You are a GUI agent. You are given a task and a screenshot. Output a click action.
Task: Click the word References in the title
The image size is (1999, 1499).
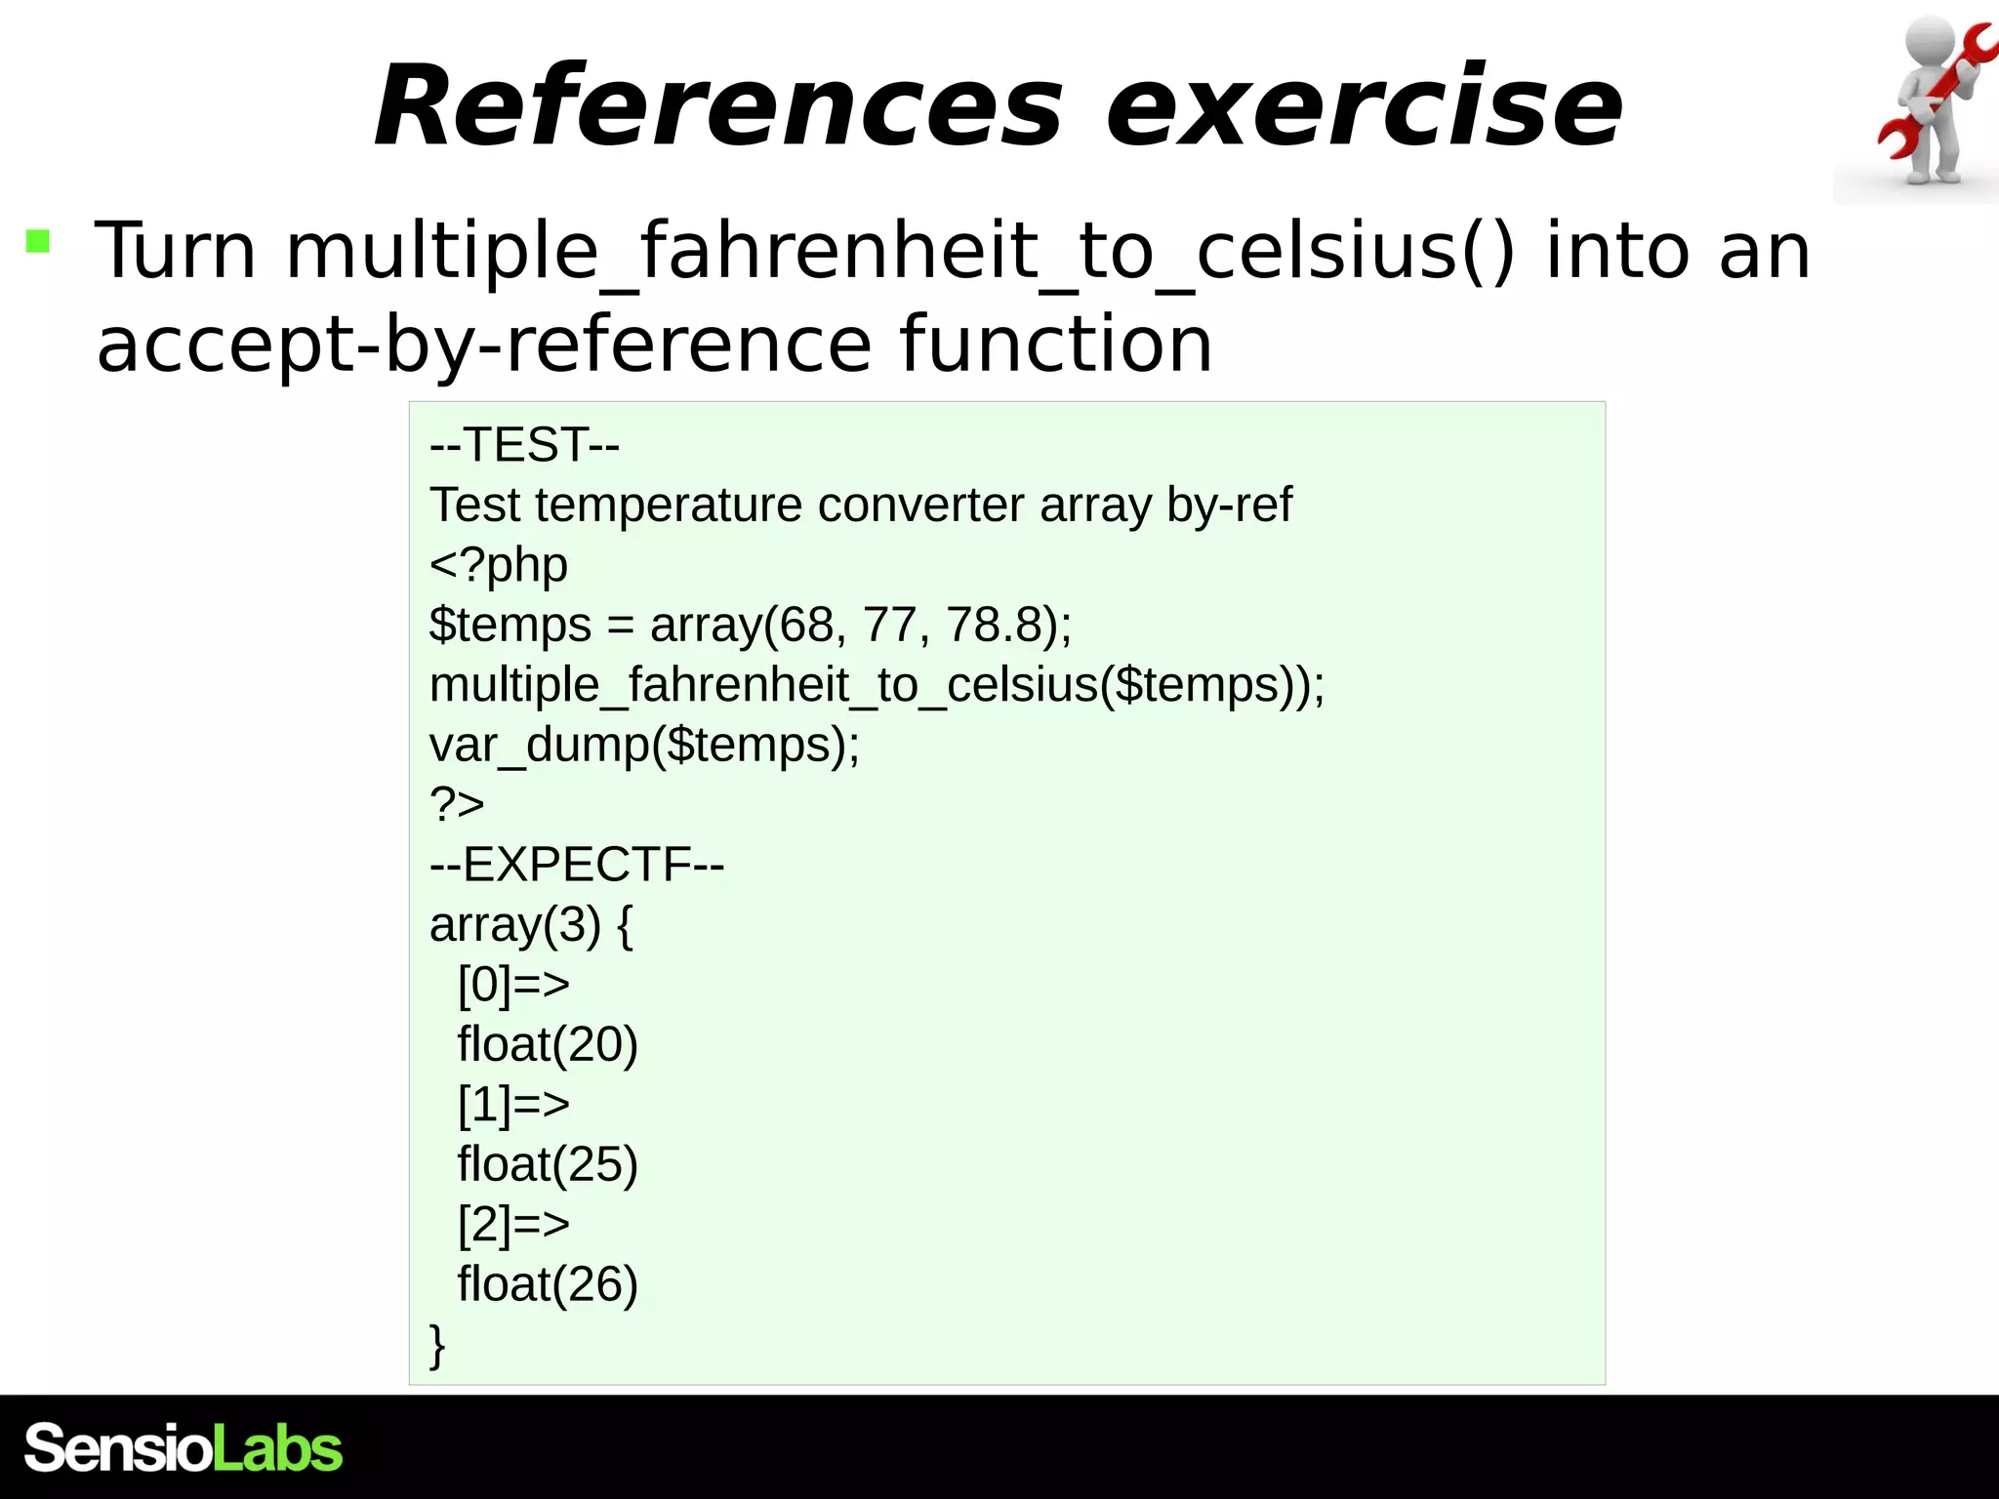point(717,105)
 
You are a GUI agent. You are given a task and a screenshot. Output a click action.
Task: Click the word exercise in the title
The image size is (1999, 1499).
point(1364,105)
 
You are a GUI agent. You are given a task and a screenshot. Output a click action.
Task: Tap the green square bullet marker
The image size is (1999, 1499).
point(38,240)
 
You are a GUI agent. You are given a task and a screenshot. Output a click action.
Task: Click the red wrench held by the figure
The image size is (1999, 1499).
point(1938,98)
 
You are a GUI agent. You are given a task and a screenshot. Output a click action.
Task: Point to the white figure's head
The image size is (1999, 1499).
point(1930,44)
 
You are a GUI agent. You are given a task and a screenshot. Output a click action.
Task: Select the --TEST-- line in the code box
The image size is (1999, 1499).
point(524,445)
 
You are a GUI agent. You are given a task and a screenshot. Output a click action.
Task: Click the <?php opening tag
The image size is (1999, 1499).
point(498,565)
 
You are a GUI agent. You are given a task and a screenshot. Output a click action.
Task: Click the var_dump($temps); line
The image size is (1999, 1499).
point(644,745)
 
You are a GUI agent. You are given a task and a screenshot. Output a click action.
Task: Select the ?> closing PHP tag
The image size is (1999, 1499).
point(456,804)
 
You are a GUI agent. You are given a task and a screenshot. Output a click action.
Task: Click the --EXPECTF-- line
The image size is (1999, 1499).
point(576,865)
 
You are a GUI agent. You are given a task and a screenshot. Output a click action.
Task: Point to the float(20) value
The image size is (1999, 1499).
point(547,1044)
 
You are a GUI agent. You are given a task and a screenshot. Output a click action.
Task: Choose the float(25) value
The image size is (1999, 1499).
point(547,1164)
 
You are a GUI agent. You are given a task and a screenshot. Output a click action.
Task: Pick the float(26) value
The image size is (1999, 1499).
point(547,1284)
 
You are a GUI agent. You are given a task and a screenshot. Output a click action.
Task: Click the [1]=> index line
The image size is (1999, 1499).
point(513,1105)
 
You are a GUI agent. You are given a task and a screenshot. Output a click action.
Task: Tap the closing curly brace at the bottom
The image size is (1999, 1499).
point(437,1344)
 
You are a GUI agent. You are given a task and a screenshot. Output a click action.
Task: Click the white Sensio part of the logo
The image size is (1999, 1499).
point(117,1448)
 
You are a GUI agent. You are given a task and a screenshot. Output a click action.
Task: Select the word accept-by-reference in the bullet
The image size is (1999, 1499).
point(483,344)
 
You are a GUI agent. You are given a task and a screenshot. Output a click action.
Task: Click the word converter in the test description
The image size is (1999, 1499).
point(920,506)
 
